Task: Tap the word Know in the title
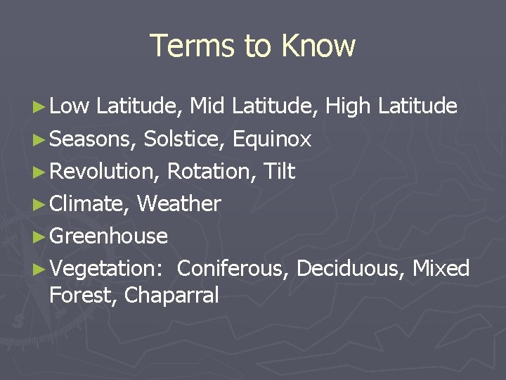pos(318,46)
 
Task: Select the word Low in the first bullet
pos(70,106)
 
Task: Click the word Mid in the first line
pos(208,106)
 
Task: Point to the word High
pos(348,107)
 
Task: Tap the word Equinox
pos(271,139)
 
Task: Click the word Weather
pos(179,204)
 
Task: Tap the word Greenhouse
pos(109,236)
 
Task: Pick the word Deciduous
pos(348,269)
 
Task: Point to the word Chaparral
pos(171,296)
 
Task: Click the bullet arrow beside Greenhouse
pos(41,236)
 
